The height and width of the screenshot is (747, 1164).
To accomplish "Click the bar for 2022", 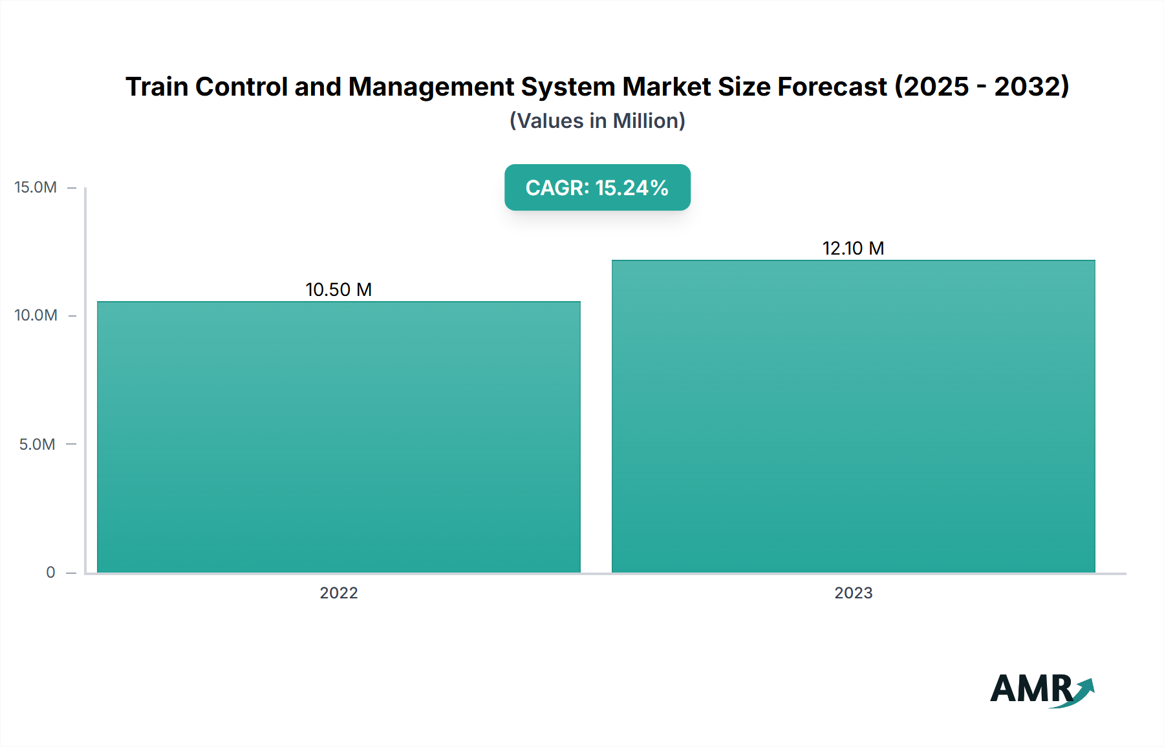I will [338, 437].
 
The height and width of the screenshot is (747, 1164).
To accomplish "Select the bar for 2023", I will [853, 416].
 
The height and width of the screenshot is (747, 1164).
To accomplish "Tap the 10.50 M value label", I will [338, 289].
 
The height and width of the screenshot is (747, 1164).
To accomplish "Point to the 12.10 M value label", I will [853, 248].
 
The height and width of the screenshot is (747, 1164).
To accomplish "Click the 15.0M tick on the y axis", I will [36, 187].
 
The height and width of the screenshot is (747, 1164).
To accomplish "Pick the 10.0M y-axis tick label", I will [36, 315].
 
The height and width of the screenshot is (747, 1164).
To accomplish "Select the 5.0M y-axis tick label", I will [37, 444].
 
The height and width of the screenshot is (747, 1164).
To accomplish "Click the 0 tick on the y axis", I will [50, 572].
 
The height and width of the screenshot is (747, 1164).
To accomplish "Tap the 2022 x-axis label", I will [338, 593].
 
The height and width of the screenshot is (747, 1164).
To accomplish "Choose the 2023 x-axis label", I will [853, 593].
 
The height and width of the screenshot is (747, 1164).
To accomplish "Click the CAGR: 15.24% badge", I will [597, 187].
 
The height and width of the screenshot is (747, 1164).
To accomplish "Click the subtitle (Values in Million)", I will [597, 121].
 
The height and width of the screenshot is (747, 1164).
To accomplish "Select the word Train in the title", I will [156, 87].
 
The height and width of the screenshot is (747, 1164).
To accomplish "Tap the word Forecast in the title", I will [832, 87].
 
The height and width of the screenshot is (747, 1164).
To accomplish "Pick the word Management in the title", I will [431, 87].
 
